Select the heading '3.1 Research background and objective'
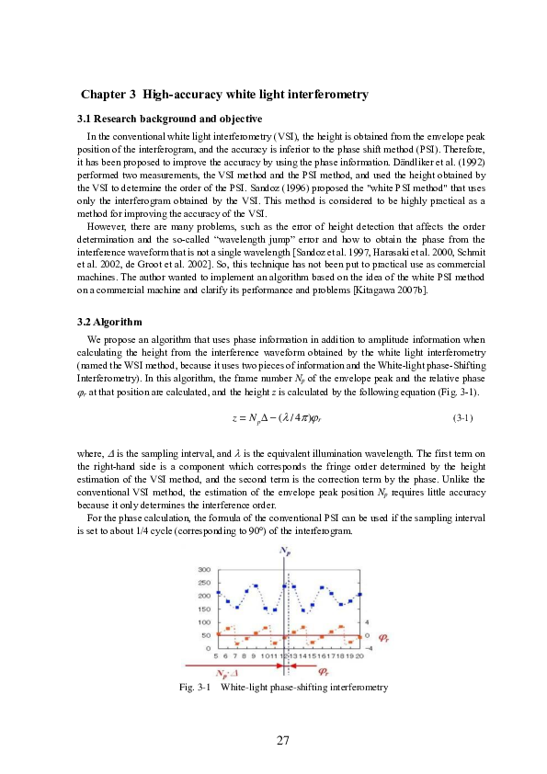(169, 120)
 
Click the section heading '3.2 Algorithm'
(108, 323)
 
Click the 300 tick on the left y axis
(203, 570)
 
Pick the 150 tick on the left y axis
(203, 609)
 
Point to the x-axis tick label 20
(359, 655)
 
